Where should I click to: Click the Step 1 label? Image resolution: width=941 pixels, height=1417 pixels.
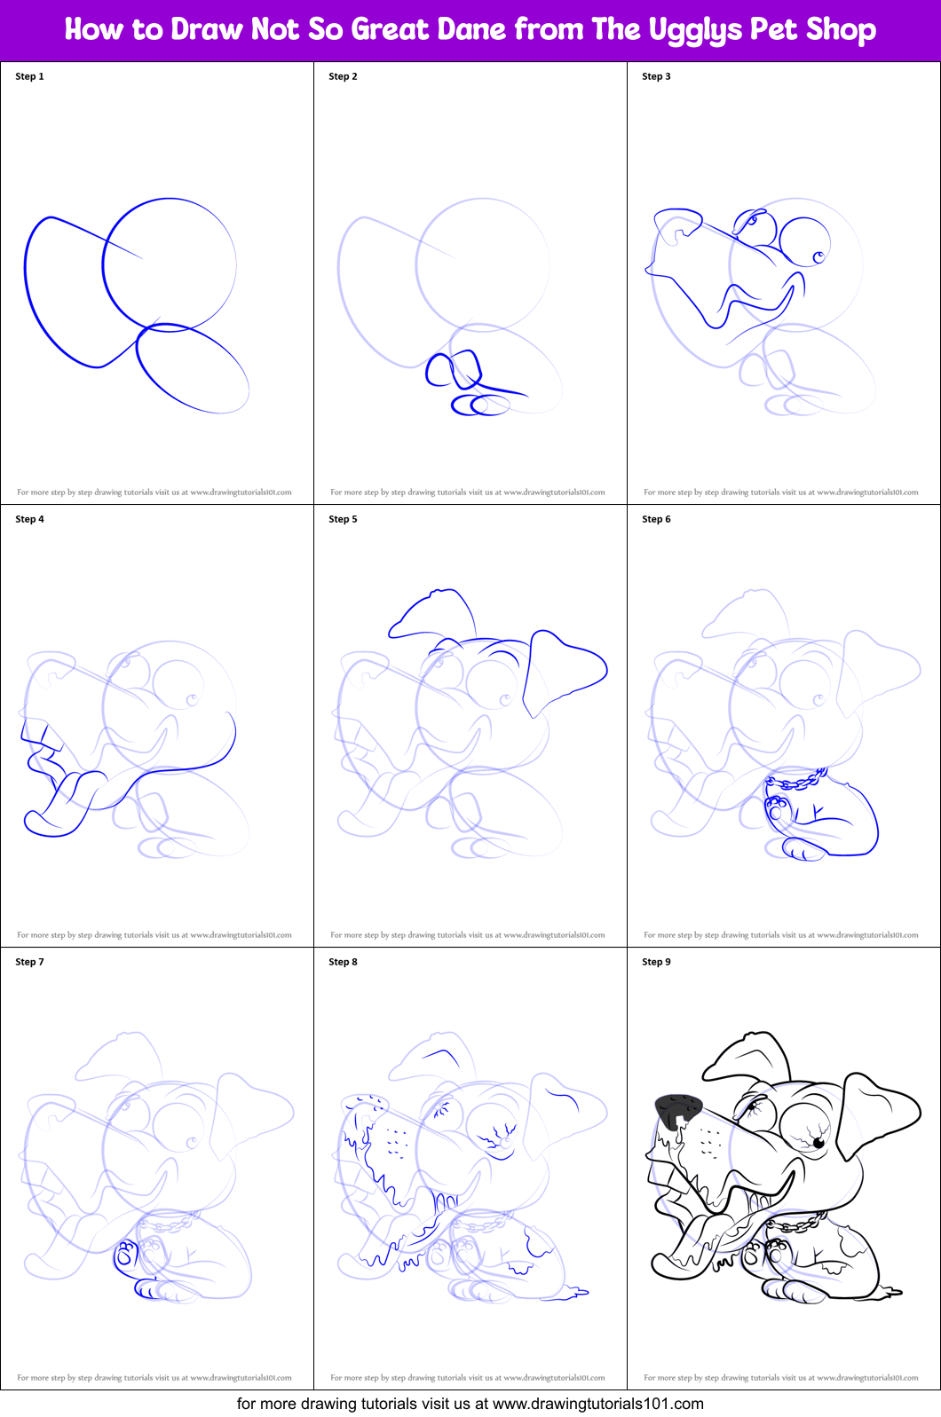(x=29, y=76)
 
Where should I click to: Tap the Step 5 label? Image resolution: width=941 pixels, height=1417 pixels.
(x=343, y=519)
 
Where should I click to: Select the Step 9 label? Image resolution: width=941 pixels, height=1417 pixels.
(x=656, y=962)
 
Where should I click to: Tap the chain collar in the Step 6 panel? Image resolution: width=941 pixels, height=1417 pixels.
(x=797, y=782)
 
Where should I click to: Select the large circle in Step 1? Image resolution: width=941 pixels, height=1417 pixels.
(x=169, y=264)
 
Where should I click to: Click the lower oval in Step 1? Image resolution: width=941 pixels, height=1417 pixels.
(x=193, y=368)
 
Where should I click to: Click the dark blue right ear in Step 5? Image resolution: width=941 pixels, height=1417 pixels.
(x=564, y=667)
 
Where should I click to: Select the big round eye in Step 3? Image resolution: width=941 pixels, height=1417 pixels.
(x=804, y=241)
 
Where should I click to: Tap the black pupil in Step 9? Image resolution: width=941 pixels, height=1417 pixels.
(x=818, y=1144)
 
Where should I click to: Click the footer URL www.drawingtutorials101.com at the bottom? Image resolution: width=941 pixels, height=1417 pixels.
(x=597, y=1404)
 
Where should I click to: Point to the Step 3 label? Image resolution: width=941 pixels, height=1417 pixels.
(x=656, y=76)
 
